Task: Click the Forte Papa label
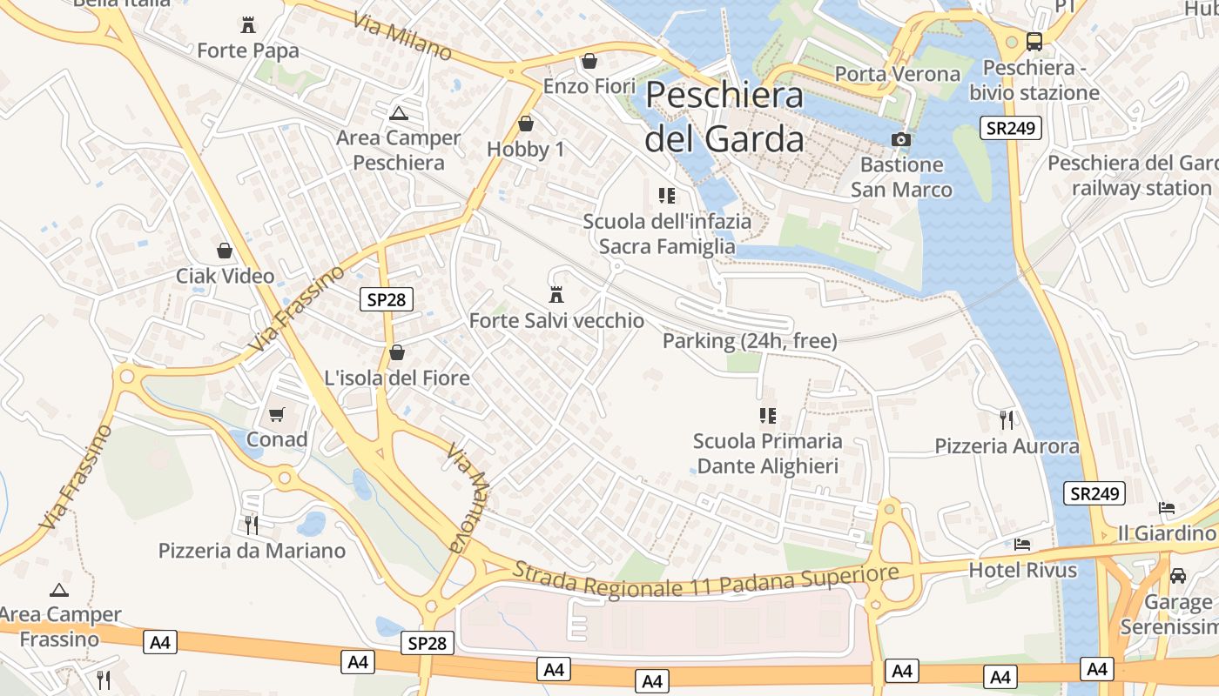coord(248,50)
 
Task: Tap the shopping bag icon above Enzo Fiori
coord(589,61)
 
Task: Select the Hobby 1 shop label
coord(526,150)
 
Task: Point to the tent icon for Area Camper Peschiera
coord(399,112)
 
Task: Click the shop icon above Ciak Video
coord(225,251)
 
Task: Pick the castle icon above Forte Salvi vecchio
coord(556,295)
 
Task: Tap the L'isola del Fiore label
coord(397,378)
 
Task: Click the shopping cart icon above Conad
coord(277,414)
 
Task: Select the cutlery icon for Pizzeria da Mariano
coord(252,525)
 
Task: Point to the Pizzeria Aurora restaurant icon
coord(1007,420)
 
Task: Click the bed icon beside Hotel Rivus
coord(1022,545)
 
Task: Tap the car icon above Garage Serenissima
coord(1178,575)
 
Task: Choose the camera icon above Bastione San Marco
coord(901,139)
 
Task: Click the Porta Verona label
coord(898,74)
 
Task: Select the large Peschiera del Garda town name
coord(724,116)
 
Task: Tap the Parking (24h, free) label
coord(750,341)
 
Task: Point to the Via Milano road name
coord(403,37)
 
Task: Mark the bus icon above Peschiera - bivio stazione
coord(1034,41)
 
